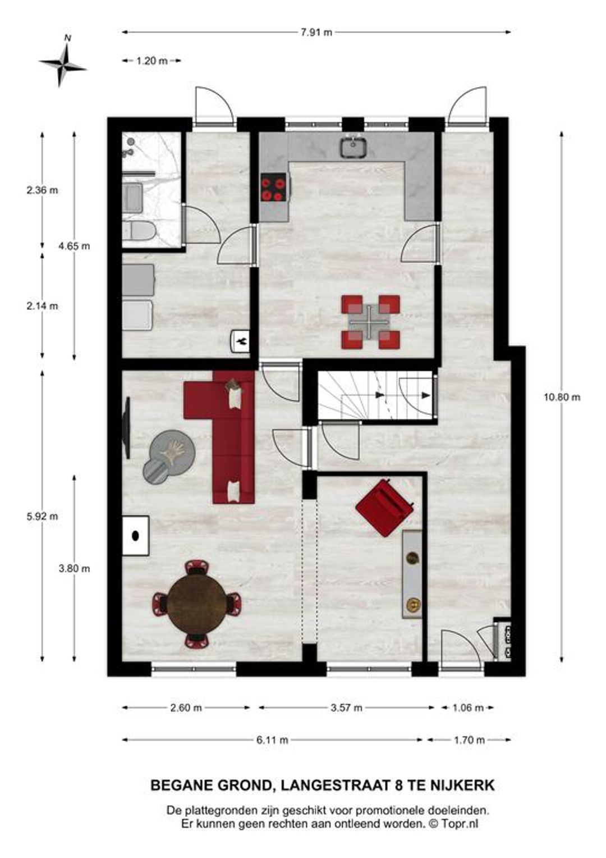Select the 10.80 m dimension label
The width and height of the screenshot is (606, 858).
[562, 397]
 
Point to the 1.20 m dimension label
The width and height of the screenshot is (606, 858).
[152, 61]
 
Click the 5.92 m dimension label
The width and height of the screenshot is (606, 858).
[42, 516]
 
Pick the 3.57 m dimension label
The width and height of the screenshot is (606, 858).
[346, 708]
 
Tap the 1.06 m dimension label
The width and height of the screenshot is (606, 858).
[467, 708]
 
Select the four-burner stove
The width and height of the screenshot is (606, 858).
[273, 187]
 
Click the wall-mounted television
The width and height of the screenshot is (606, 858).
[127, 428]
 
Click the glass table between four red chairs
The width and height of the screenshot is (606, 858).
[370, 321]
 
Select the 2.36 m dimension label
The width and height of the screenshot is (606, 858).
[42, 190]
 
